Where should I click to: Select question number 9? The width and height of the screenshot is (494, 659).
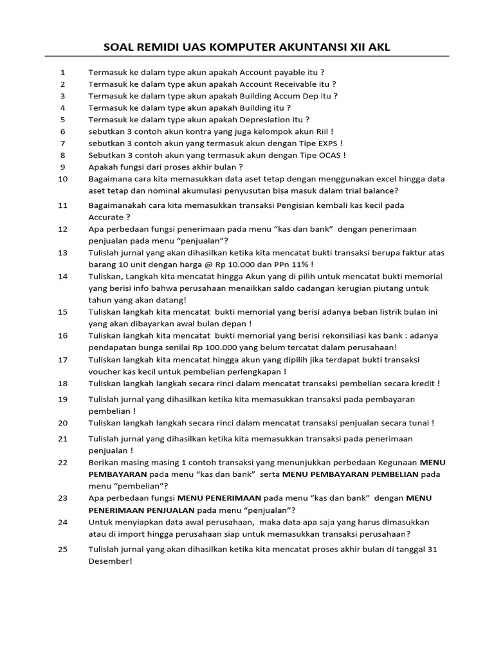[x=62, y=166]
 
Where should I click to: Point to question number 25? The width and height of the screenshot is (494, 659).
[x=62, y=549]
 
